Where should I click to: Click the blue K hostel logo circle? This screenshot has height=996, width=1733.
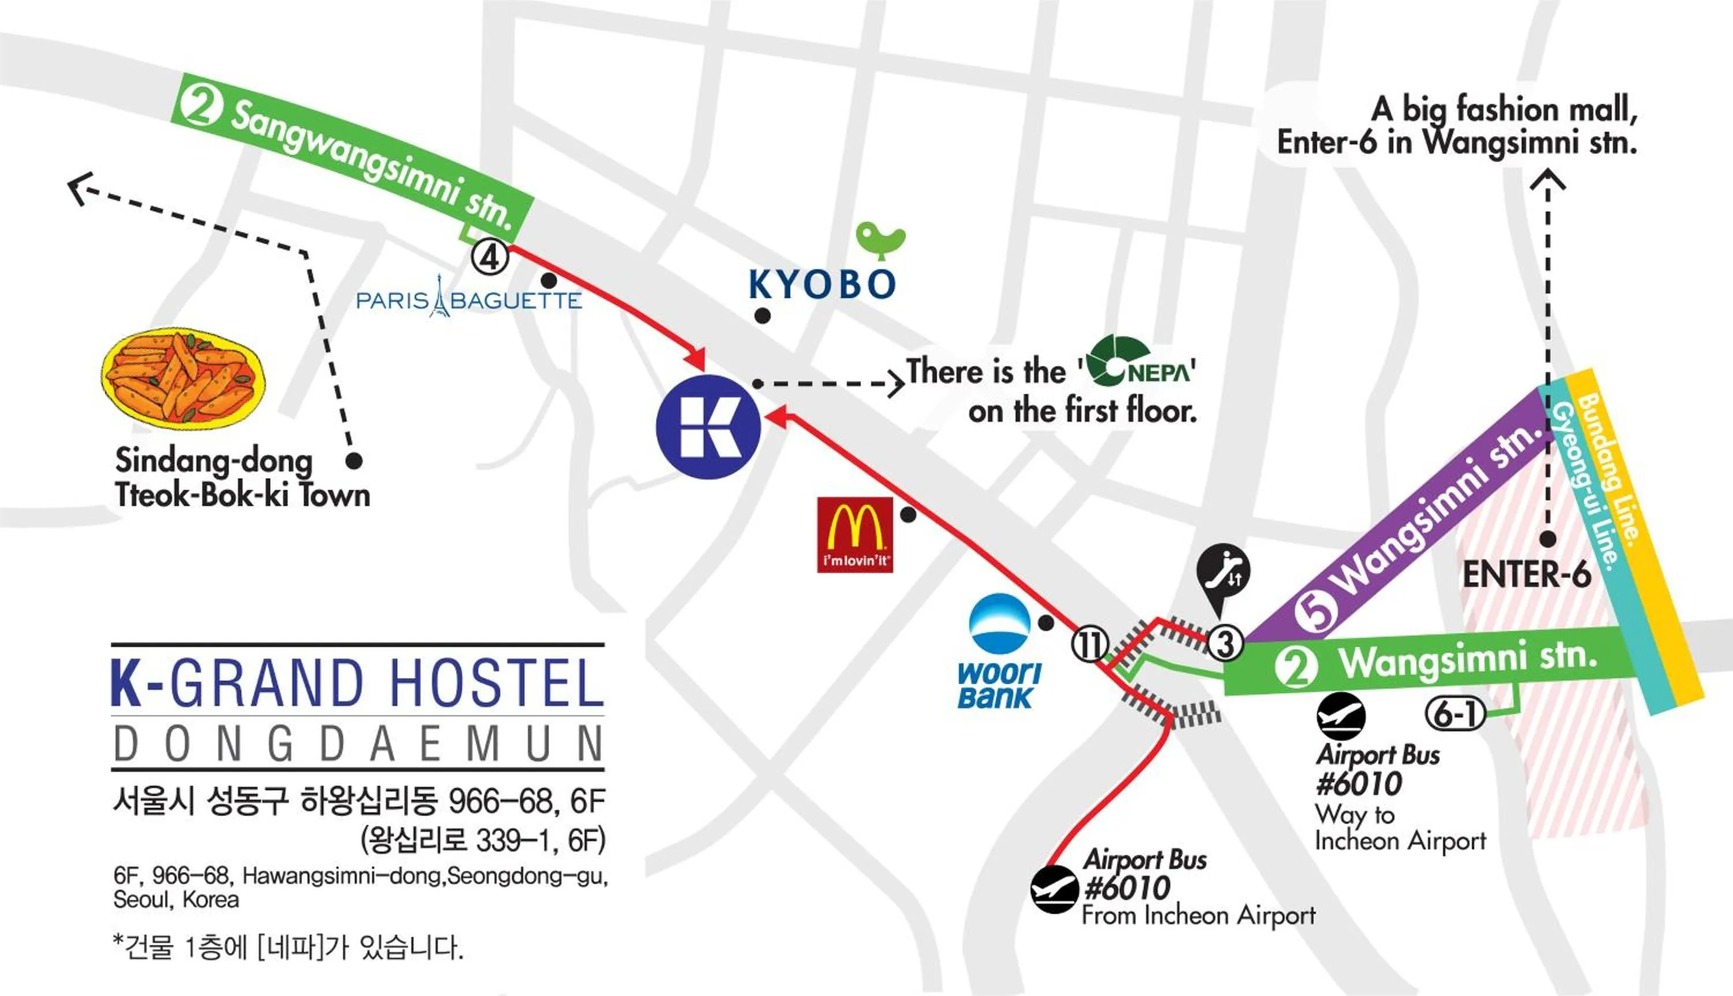(x=708, y=427)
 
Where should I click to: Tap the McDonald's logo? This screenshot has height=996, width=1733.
(x=855, y=534)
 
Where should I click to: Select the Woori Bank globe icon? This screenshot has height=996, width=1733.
(x=999, y=623)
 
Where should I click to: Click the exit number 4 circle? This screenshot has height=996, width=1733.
(x=490, y=257)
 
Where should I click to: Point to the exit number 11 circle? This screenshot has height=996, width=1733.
(x=1089, y=644)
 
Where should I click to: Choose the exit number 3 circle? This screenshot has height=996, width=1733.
(x=1224, y=643)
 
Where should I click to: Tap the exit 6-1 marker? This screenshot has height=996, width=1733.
(x=1455, y=714)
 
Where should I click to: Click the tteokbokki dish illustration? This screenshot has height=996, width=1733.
(x=183, y=378)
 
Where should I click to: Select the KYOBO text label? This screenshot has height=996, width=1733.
(x=822, y=285)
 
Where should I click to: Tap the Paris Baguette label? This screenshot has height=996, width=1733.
(x=469, y=300)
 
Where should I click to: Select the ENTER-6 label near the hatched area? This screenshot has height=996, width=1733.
(x=1526, y=574)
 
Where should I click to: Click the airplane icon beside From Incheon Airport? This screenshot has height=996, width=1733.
(x=1054, y=889)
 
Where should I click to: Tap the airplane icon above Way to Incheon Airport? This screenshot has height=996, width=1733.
(x=1341, y=716)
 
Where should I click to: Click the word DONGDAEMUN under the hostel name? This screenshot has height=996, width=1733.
(x=358, y=744)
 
